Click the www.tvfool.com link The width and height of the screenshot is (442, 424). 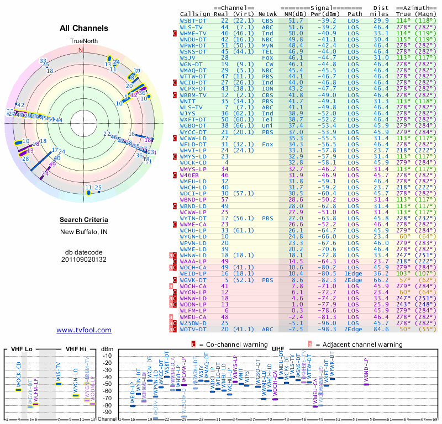click(83, 330)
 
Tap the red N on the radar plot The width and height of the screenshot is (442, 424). click(81, 50)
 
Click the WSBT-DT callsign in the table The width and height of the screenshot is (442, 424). click(194, 20)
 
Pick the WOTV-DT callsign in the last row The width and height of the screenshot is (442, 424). click(194, 329)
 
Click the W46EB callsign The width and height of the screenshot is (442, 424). click(192, 175)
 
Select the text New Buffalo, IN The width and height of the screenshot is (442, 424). click(83, 232)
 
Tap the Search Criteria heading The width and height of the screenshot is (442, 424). click(83, 220)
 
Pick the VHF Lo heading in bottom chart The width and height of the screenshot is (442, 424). click(22, 349)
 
